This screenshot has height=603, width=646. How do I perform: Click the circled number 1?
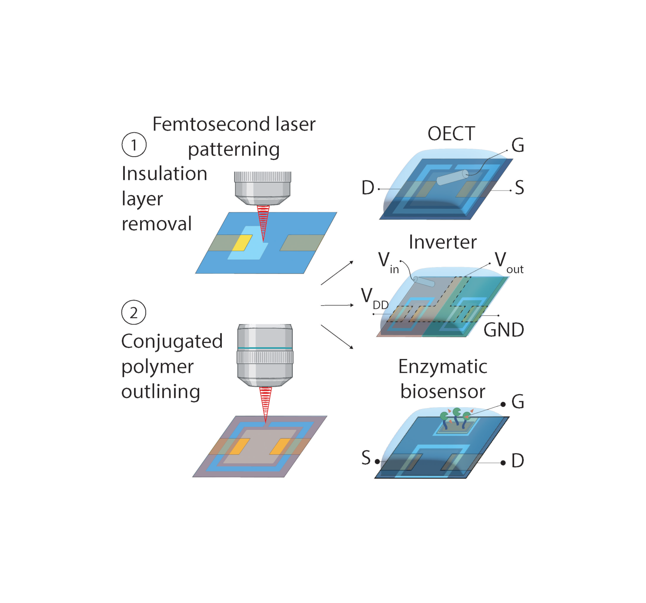tap(134, 144)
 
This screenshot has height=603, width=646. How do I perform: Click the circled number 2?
tap(134, 312)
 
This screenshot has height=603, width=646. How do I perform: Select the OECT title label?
tap(451, 134)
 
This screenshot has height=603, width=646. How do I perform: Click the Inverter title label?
tap(442, 242)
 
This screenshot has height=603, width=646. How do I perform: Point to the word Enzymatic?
tap(442, 367)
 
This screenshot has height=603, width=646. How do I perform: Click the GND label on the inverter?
tap(504, 330)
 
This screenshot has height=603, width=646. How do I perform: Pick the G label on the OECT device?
tap(518, 145)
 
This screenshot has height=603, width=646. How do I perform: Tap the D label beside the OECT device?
tap(368, 188)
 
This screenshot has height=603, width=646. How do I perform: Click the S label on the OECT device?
tap(519, 188)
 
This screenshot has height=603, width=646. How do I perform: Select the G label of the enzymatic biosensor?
tap(518, 402)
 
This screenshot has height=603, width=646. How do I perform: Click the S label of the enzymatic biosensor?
tap(366, 458)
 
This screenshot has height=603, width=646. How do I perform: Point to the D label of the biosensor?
tap(518, 461)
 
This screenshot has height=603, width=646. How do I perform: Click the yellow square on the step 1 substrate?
tap(242, 243)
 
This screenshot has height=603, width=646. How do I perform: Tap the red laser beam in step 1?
tap(263, 222)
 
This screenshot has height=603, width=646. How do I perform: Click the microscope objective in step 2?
tap(264, 355)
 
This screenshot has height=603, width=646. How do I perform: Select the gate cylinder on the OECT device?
tap(452, 178)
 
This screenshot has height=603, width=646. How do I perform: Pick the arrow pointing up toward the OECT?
tap(337, 273)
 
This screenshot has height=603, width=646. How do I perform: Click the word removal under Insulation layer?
tap(157, 224)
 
